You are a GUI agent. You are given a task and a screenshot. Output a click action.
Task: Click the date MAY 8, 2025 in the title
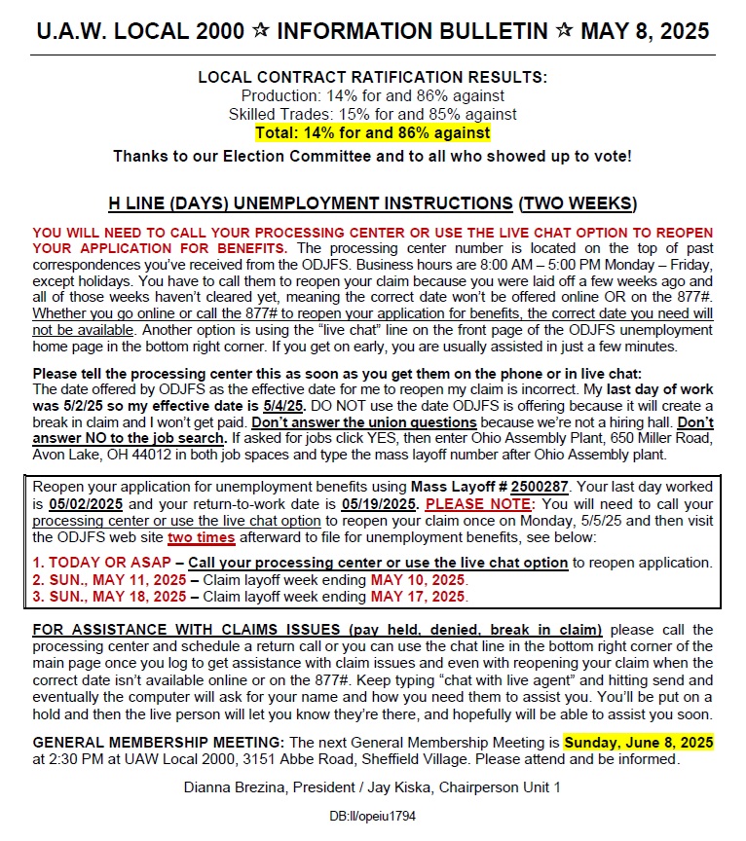tap(645, 32)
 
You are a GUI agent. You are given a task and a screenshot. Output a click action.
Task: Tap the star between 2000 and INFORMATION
tap(261, 31)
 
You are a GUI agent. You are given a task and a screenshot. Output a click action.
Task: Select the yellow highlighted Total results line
tap(373, 131)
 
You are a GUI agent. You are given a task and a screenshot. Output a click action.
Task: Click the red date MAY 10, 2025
tap(416, 579)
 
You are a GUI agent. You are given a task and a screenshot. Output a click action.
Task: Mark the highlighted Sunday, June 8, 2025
tap(638, 742)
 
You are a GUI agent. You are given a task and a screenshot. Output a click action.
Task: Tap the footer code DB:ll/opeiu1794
tap(373, 816)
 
